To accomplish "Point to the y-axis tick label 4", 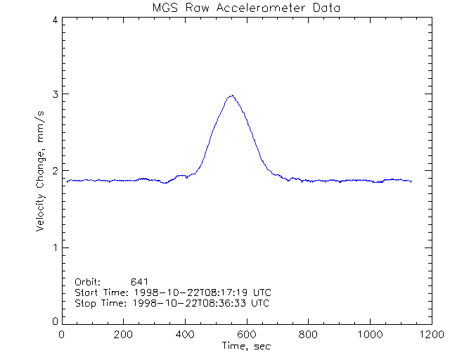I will click(55, 20).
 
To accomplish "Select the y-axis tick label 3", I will click(55, 94).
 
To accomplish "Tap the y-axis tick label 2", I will click(55, 171).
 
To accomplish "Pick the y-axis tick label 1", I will click(55, 247).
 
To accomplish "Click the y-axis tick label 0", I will click(55, 321).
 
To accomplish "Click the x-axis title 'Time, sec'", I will click(246, 346).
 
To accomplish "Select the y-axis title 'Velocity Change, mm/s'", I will click(41, 171).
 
